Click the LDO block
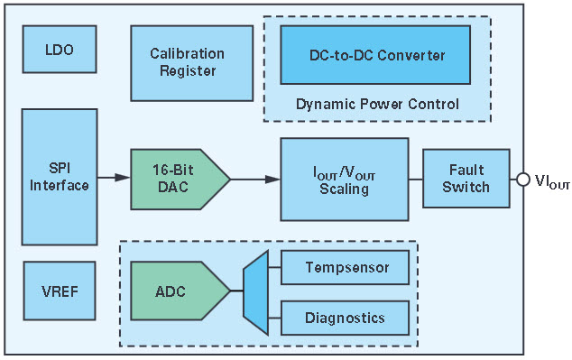[60, 50]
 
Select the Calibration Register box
[192, 63]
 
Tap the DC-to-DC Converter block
[375, 55]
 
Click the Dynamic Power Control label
[377, 105]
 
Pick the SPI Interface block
[60, 177]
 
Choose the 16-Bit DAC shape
[180, 179]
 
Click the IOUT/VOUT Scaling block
[345, 179]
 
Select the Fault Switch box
[466, 179]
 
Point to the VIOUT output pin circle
[523, 180]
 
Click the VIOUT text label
[552, 181]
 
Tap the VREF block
[60, 291]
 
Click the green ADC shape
[180, 291]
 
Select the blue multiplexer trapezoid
[256, 292]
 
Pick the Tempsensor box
[345, 267]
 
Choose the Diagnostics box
[345, 318]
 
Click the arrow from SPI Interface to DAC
[114, 178]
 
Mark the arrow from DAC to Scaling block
[255, 179]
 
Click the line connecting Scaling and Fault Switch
[416, 179]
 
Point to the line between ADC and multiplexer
[237, 291]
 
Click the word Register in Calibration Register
[188, 70]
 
